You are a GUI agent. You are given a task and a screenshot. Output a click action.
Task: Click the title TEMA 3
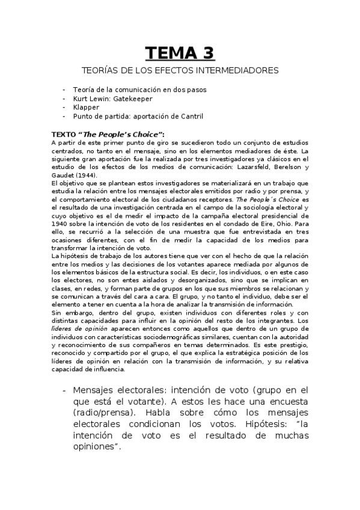pos(180,54)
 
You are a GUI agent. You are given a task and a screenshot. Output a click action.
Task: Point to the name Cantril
pos(191,116)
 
